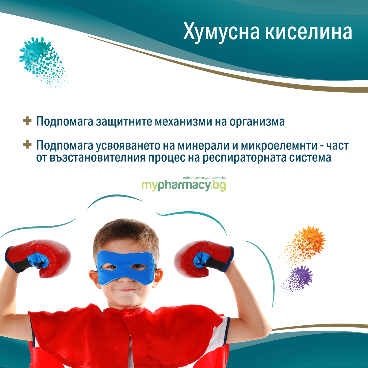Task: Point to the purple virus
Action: [298, 279]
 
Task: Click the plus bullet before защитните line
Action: [27, 121]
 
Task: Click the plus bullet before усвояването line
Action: [27, 144]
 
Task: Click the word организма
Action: [257, 121]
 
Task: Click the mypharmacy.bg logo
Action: [183, 186]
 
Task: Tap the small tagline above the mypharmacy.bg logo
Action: [204, 178]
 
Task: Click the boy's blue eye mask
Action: [126, 267]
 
